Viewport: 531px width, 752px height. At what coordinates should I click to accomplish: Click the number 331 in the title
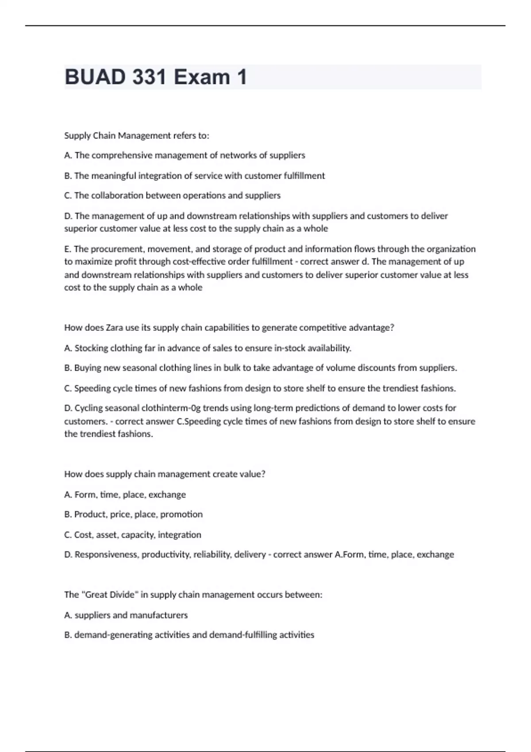[142, 77]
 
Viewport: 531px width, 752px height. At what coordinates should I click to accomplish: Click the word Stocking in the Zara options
[91, 348]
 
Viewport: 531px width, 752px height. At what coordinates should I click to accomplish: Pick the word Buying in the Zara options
[88, 368]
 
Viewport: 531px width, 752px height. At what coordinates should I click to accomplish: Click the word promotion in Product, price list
[181, 514]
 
